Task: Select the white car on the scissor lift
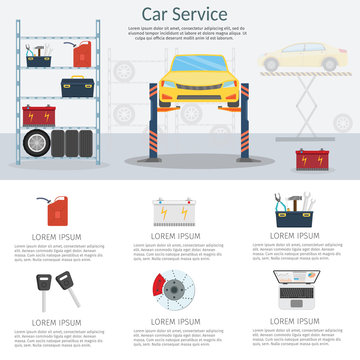click(x=297, y=57)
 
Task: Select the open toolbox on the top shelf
click(x=41, y=57)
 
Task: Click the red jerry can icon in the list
click(x=60, y=212)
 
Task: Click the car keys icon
click(x=60, y=290)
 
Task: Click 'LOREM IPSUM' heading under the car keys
click(x=58, y=322)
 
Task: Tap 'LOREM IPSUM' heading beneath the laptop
click(x=299, y=322)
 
